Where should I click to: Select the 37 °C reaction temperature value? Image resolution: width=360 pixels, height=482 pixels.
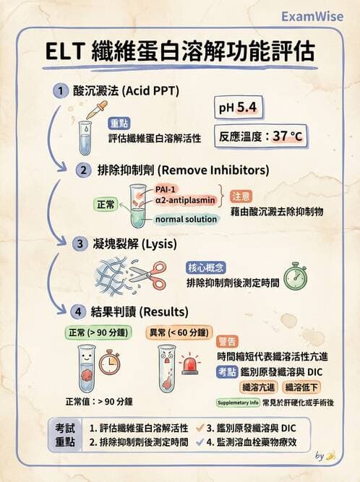[x=289, y=136]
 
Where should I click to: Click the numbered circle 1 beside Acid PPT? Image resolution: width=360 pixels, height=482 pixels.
[x=61, y=91]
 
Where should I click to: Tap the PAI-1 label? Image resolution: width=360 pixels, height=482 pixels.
[x=166, y=189]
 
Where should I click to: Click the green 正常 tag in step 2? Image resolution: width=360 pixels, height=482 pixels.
[x=107, y=204]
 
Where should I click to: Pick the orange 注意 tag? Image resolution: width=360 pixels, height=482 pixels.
[x=241, y=197]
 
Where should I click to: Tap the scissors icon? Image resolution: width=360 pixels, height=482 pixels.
[x=147, y=276]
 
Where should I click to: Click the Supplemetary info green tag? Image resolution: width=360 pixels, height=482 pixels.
[x=239, y=402]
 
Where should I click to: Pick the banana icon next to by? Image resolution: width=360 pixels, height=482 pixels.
[x=331, y=456]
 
